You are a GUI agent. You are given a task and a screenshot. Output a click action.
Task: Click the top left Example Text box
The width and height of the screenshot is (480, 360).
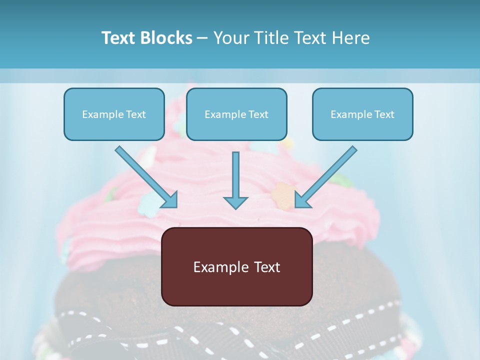pos(114,114)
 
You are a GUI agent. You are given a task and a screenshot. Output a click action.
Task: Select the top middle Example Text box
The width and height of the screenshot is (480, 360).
pos(236,114)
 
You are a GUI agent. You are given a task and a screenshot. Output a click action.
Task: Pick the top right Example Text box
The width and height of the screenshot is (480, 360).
pos(362,114)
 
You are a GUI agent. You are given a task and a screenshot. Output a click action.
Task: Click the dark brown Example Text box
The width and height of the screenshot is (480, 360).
pos(236,266)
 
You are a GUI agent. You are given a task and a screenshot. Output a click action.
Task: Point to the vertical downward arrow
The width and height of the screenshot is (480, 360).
pos(235,180)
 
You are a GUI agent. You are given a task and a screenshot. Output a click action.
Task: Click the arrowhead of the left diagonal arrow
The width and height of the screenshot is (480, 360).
pos(170,200)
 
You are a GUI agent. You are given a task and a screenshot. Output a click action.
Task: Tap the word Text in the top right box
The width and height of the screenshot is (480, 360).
pos(384,114)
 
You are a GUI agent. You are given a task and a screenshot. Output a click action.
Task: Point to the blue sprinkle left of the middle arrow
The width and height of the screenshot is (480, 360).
pos(148,202)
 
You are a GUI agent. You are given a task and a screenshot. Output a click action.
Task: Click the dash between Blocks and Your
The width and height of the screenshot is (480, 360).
pos(202,38)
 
